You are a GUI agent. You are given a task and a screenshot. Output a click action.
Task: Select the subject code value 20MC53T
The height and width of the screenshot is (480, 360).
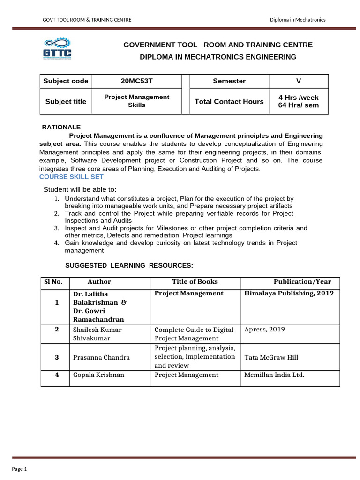click(136, 81)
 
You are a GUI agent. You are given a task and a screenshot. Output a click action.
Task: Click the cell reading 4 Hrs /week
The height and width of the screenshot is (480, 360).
click(298, 97)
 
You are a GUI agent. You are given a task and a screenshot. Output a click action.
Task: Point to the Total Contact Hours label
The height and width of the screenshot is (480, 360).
click(229, 101)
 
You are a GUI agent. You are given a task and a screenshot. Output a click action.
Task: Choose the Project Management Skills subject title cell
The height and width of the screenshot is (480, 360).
click(136, 101)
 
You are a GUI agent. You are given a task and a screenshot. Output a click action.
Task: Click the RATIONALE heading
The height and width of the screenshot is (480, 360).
click(61, 127)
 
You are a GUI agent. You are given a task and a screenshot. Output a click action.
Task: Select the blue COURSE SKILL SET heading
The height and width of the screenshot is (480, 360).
click(71, 177)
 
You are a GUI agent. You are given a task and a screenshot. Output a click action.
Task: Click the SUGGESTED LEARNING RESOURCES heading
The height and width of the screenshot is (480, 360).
click(129, 265)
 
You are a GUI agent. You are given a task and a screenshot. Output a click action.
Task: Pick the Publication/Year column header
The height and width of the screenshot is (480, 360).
click(302, 282)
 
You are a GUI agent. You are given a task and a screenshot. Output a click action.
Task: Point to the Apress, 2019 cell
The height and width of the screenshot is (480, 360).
click(264, 329)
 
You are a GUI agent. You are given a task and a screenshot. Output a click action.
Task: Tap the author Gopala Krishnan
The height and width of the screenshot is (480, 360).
click(98, 375)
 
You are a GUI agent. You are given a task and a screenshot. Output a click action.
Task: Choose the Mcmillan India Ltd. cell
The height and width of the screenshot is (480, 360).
click(274, 375)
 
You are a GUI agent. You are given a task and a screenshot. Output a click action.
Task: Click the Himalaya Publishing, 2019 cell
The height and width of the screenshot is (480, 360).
click(289, 293)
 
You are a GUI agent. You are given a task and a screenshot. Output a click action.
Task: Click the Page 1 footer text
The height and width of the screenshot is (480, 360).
click(20, 469)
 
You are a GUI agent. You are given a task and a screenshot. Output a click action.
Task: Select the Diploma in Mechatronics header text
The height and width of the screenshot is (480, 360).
click(297, 19)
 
